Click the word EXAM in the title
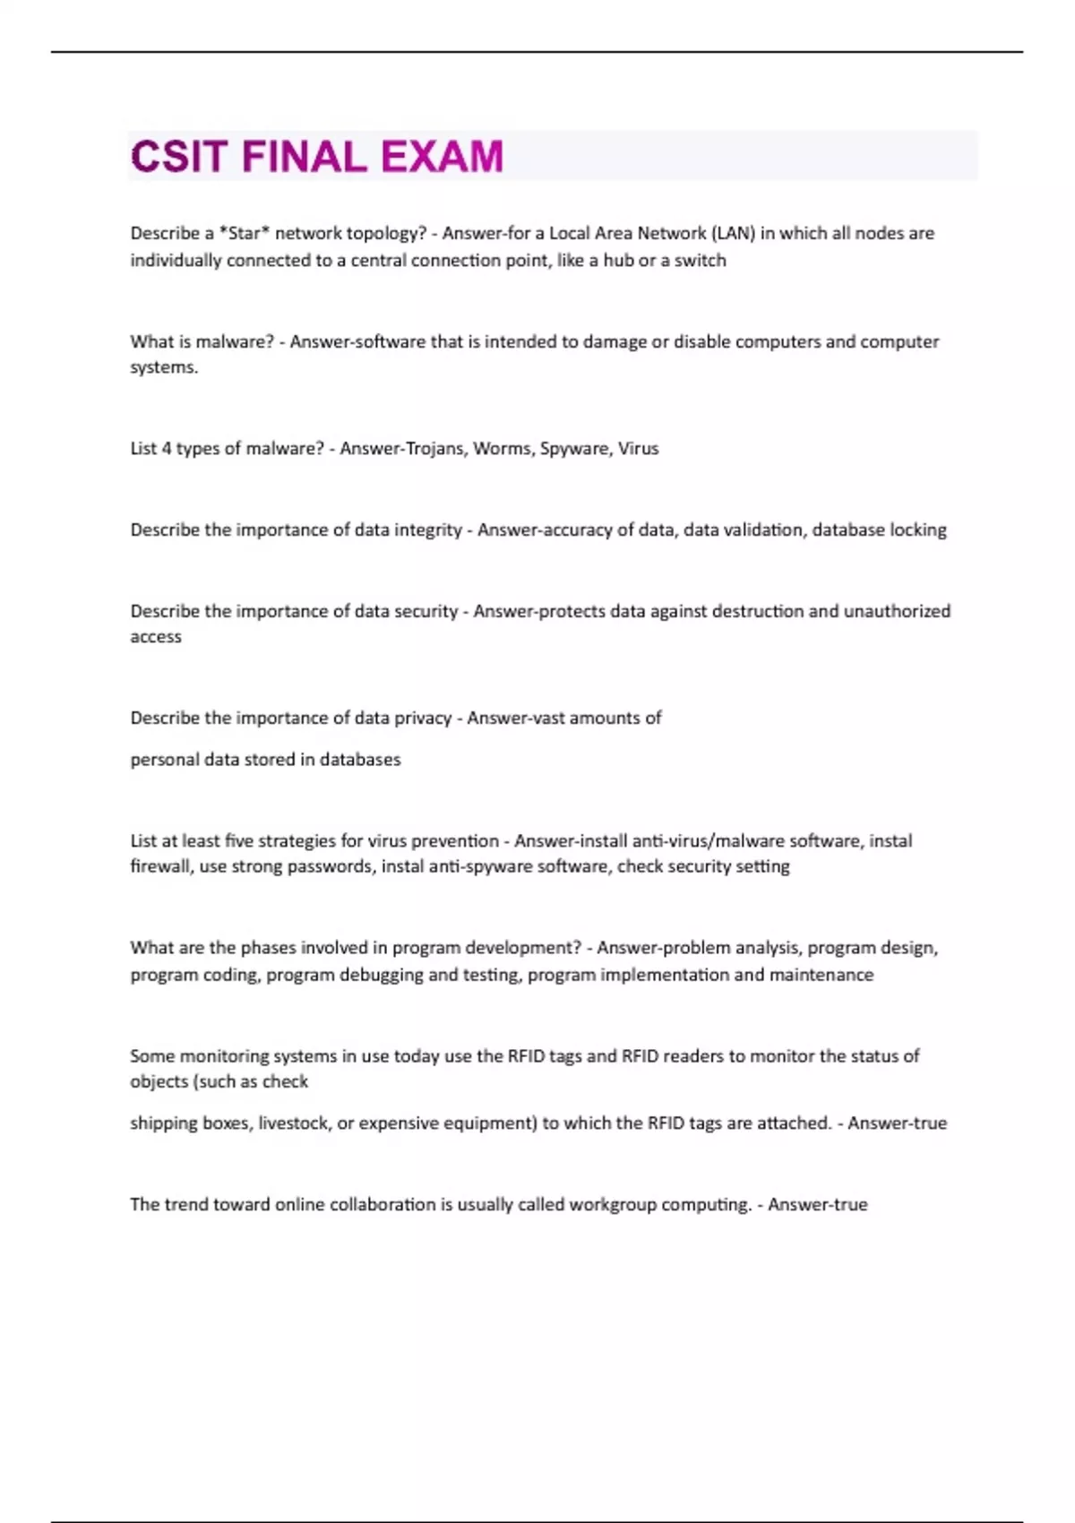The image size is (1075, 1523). pos(442,157)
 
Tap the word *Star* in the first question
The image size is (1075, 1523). pos(245,233)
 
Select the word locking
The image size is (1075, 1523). pos(917,529)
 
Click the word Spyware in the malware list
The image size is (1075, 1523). pos(574,448)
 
